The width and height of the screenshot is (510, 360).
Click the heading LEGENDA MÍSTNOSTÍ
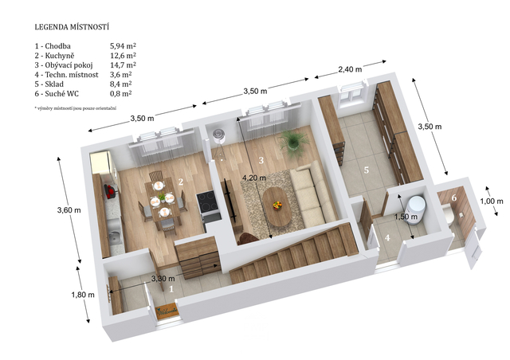click(x=72, y=27)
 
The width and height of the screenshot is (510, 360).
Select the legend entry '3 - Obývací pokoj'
click(x=64, y=65)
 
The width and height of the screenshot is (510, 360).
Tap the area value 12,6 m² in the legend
click(x=123, y=55)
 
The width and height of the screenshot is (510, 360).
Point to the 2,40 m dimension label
click(x=350, y=69)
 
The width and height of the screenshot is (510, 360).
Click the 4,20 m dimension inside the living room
click(x=254, y=178)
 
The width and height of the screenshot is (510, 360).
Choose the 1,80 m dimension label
click(x=83, y=295)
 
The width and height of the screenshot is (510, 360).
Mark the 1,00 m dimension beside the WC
click(x=492, y=202)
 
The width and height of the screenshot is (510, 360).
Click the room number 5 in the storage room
click(x=367, y=170)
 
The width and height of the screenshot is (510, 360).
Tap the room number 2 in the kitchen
click(x=181, y=182)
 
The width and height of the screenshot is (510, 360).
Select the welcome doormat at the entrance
click(x=167, y=312)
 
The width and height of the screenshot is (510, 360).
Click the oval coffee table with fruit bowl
click(x=277, y=206)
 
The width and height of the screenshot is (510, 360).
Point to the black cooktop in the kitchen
click(x=206, y=202)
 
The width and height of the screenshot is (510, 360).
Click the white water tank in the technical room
click(x=416, y=209)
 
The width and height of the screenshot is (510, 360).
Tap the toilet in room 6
click(x=449, y=214)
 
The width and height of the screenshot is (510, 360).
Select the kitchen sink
click(x=114, y=237)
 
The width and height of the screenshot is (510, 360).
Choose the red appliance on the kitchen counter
click(x=109, y=191)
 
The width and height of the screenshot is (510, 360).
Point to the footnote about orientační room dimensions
click(x=75, y=108)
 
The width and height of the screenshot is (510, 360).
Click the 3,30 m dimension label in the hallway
click(x=163, y=279)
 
